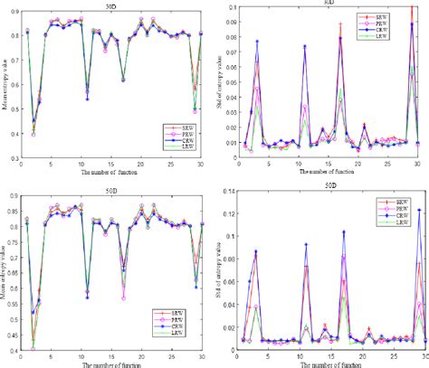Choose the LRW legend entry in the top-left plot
[x=193, y=147]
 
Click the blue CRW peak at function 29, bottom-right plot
[x=420, y=211]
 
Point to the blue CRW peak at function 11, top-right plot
[x=304, y=46]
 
